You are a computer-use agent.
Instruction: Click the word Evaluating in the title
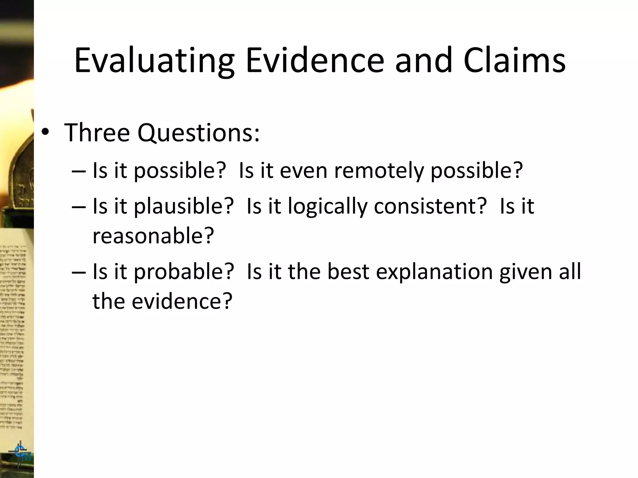click(x=154, y=61)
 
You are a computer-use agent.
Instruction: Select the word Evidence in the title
click(x=315, y=61)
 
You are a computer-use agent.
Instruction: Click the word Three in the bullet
click(x=97, y=133)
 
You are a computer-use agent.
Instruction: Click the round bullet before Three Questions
click(x=45, y=133)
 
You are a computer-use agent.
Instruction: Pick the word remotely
click(x=379, y=171)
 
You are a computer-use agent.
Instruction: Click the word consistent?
click(x=430, y=206)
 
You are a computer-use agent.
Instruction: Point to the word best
click(x=348, y=271)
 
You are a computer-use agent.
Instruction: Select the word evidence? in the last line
click(x=182, y=301)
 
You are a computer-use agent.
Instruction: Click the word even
click(x=303, y=171)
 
